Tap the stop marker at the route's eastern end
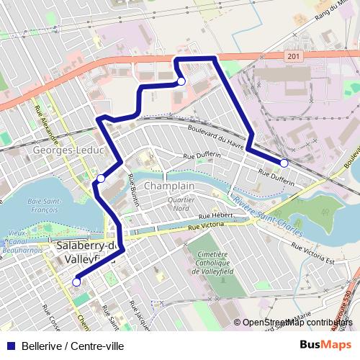click(284, 163)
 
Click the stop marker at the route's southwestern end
click(76, 282)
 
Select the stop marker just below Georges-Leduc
click(101, 178)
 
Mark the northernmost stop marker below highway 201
click(181, 83)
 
